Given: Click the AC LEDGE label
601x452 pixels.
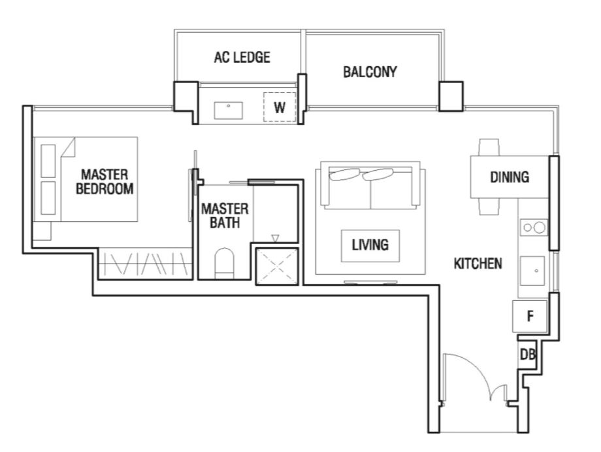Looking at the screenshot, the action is pyautogui.click(x=242, y=58).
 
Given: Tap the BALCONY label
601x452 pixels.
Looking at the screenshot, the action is pyautogui.click(x=370, y=72).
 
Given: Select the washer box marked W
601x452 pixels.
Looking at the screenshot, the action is pyautogui.click(x=280, y=107).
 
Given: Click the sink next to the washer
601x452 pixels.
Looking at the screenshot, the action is pyautogui.click(x=228, y=110).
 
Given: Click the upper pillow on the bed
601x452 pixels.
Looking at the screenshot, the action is pyautogui.click(x=48, y=161).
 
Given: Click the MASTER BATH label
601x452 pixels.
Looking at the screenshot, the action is pyautogui.click(x=225, y=216).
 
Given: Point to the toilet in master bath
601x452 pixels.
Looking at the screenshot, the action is pyautogui.click(x=224, y=263).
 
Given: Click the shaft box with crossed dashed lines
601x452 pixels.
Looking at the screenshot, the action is pyautogui.click(x=277, y=266).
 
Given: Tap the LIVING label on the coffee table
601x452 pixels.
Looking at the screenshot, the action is pyautogui.click(x=370, y=245).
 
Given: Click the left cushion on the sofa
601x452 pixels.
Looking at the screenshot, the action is pyautogui.click(x=344, y=174).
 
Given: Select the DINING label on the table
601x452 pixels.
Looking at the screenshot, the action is pyautogui.click(x=510, y=177).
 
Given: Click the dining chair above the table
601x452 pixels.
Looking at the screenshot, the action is pyautogui.click(x=489, y=147).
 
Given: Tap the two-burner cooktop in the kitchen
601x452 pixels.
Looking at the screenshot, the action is pyautogui.click(x=534, y=228).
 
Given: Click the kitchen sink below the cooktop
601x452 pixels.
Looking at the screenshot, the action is pyautogui.click(x=532, y=271).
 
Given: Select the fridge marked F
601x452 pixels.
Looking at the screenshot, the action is pyautogui.click(x=530, y=316).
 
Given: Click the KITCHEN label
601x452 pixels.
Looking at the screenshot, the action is pyautogui.click(x=478, y=264).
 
